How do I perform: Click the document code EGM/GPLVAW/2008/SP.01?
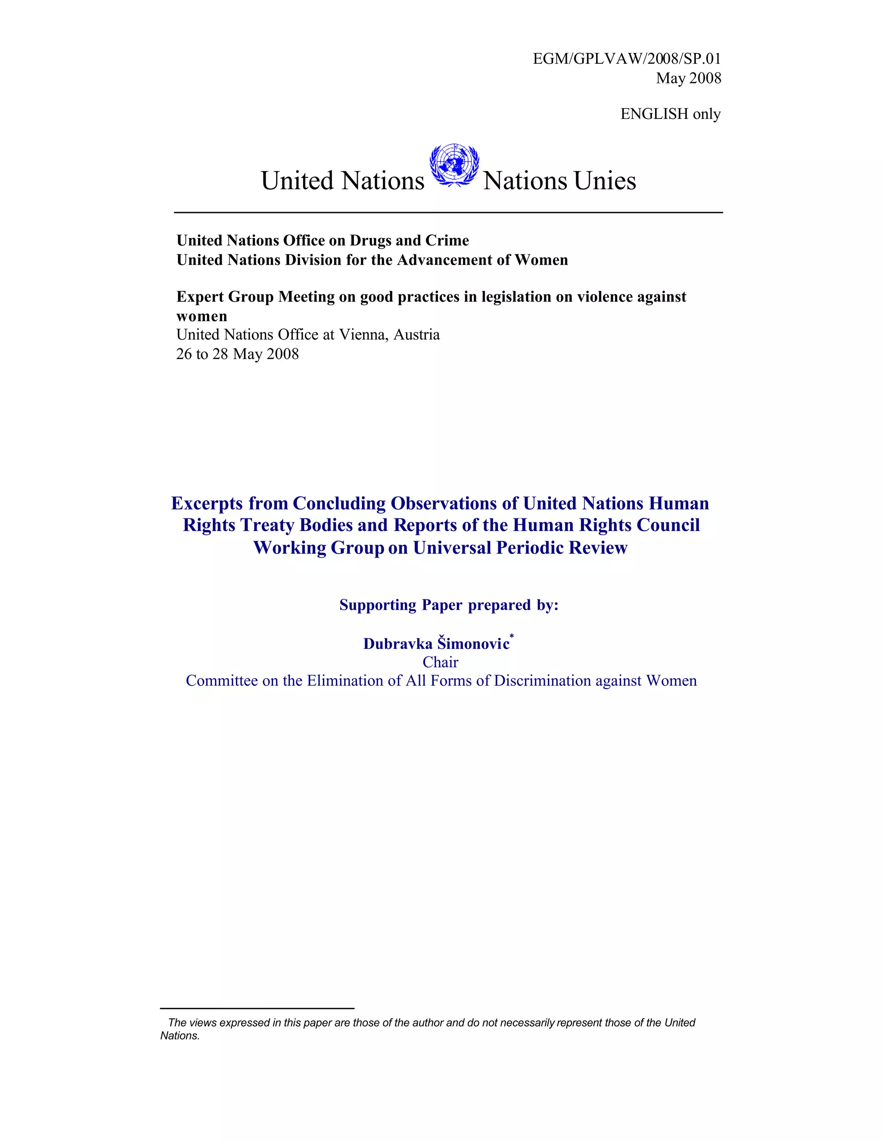[x=627, y=59]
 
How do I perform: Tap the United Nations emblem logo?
[x=454, y=165]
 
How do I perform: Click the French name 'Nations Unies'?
[x=559, y=181]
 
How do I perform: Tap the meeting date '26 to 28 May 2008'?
[x=237, y=354]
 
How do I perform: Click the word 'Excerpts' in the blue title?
[x=208, y=503]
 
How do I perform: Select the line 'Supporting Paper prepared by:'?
[x=449, y=605]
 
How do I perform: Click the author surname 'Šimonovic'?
[x=473, y=644]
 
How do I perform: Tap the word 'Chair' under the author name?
[x=441, y=662]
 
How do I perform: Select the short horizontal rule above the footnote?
[x=257, y=1008]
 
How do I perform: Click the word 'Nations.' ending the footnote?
[x=180, y=1036]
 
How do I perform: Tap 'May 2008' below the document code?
[x=689, y=78]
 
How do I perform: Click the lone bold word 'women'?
[x=202, y=316]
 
